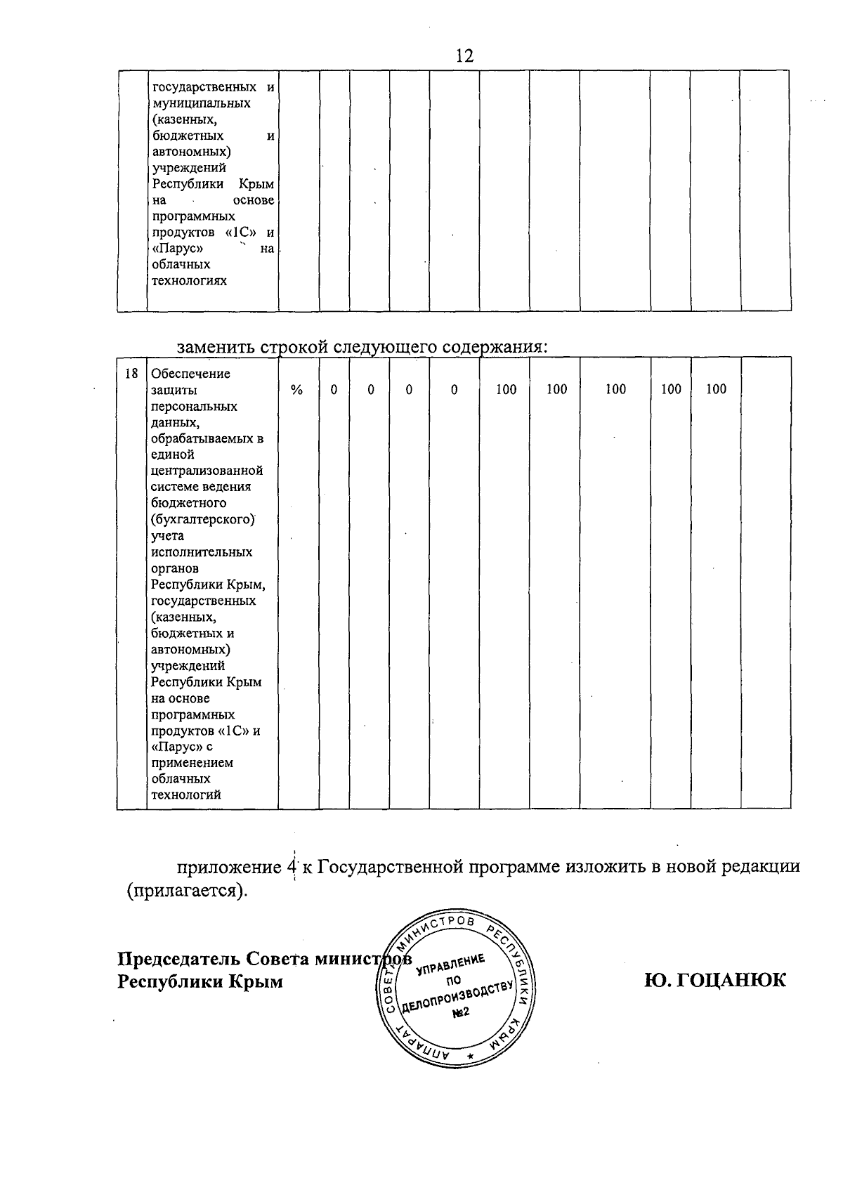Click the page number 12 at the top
pos(464,55)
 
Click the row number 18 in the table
pos(131,374)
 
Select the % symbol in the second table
pos(297,390)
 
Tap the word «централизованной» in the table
pos(207,471)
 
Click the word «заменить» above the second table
pos(216,347)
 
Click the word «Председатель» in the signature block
pos(174,960)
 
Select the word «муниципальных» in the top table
pos(202,103)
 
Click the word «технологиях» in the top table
pos(190,281)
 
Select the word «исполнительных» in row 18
pos(202,552)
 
